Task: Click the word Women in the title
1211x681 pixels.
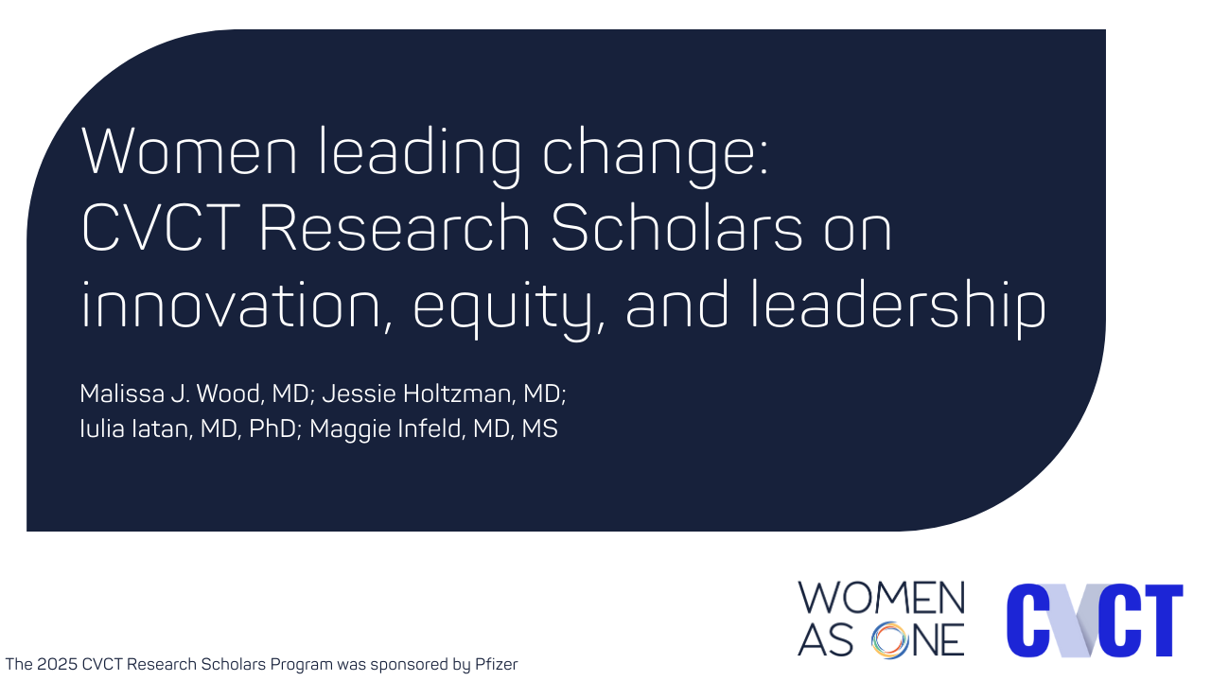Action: [x=189, y=151]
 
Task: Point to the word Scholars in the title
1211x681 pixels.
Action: [x=676, y=229]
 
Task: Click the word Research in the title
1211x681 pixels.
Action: [x=395, y=229]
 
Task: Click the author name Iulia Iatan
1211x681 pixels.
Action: [x=135, y=428]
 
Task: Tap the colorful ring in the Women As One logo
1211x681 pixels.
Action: [x=890, y=639]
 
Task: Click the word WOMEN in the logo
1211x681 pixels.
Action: [x=881, y=599]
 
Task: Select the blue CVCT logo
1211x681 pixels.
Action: [x=1095, y=620]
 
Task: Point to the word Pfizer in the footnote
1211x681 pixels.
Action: [x=497, y=664]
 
